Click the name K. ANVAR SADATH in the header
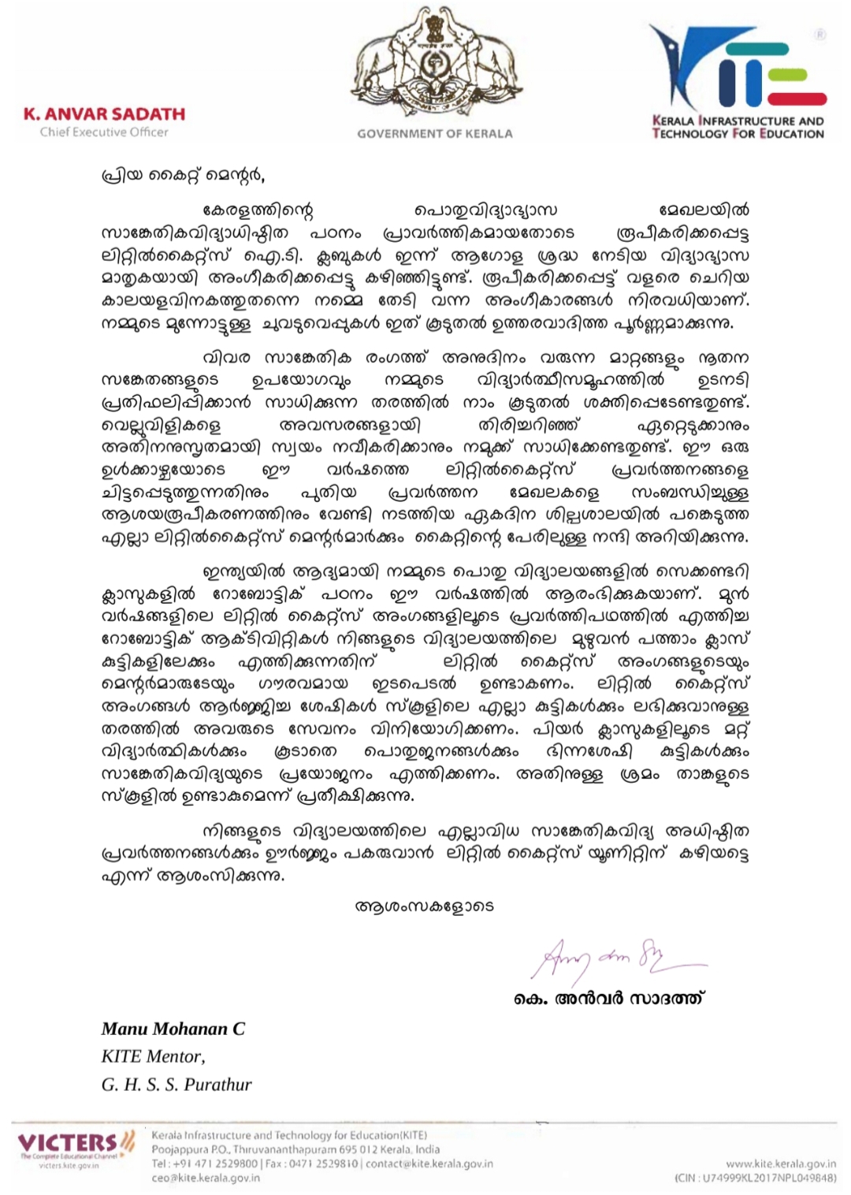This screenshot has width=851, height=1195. point(104,114)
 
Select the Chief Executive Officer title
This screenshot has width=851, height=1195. point(104,132)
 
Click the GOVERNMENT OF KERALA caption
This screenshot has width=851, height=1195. point(434,134)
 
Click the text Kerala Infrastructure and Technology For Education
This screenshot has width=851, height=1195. point(738,127)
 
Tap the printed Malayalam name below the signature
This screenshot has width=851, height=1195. point(609,998)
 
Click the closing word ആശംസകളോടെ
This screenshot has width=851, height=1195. point(425,906)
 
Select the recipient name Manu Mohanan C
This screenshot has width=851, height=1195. point(173,1029)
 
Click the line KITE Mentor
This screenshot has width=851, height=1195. point(153,1056)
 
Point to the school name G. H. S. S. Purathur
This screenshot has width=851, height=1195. point(177,1084)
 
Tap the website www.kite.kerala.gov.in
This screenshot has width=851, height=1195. point(780,1163)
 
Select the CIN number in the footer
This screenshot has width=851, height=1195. point(755,1178)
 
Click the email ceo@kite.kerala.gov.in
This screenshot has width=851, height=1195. point(206,1178)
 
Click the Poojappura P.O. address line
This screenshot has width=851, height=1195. point(295,1149)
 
